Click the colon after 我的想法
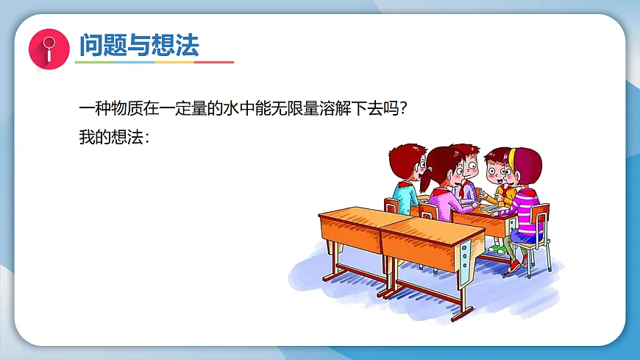pos(147,138)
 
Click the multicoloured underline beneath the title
pos(154,63)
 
